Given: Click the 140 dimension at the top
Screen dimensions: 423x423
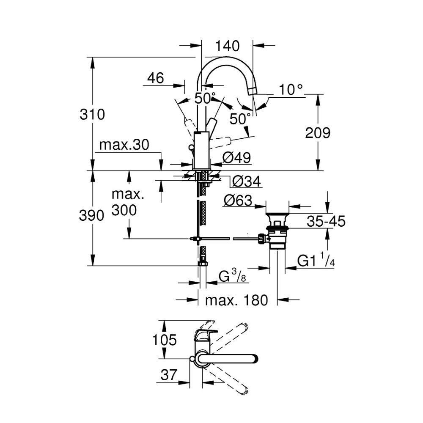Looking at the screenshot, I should [x=227, y=46].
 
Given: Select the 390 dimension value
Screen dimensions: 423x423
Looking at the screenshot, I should [x=91, y=216].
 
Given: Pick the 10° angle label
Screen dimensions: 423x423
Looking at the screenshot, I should [x=291, y=89].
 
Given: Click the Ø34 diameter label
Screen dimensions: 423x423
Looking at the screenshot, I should [x=247, y=181].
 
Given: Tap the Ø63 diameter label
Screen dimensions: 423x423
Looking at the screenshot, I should [x=238, y=200].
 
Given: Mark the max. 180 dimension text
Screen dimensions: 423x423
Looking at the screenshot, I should [x=236, y=300].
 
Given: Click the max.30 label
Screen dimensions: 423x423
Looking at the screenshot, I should [x=124, y=146].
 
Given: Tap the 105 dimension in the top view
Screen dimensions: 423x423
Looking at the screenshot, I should [x=165, y=339].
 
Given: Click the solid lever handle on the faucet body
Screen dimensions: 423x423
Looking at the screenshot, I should [x=211, y=124].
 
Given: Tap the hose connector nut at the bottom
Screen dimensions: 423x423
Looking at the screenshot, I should [x=203, y=263].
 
